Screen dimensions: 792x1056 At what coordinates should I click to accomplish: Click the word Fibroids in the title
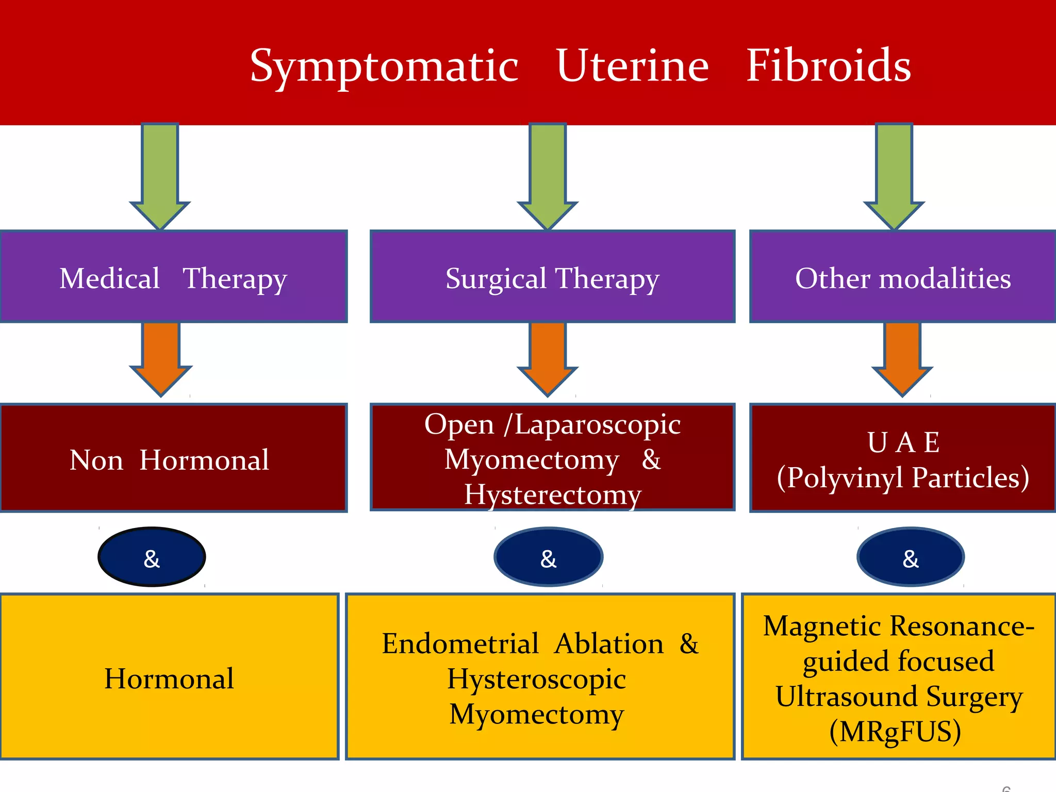pyautogui.click(x=828, y=66)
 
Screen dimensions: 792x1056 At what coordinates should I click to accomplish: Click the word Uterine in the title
pyautogui.click(x=632, y=66)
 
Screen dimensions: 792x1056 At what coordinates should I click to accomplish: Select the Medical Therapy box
pyautogui.click(x=173, y=277)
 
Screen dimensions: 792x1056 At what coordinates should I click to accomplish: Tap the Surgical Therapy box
pyautogui.click(x=552, y=277)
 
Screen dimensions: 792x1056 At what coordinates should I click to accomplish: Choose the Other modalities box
pyautogui.click(x=902, y=277)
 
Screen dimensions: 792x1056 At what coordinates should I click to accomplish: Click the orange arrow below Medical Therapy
pyautogui.click(x=161, y=356)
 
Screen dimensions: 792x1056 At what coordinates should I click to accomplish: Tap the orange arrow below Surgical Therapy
pyautogui.click(x=548, y=356)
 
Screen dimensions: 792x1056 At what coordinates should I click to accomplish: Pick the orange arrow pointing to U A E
pyautogui.click(x=902, y=356)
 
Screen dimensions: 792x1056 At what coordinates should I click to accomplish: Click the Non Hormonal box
pyautogui.click(x=173, y=459)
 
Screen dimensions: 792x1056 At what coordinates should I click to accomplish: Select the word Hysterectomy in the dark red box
pyautogui.click(x=552, y=494)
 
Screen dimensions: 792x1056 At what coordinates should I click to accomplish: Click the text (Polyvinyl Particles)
pyautogui.click(x=902, y=477)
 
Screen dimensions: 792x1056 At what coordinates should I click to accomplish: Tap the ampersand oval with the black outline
pyautogui.click(x=152, y=557)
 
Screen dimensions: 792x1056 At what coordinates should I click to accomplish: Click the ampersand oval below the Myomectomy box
pyautogui.click(x=548, y=557)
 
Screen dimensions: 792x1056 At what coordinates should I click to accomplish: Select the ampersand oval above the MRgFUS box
pyautogui.click(x=911, y=557)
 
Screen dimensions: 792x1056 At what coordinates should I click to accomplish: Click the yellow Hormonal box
pyautogui.click(x=169, y=677)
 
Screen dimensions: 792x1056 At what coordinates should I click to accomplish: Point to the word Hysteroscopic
pyautogui.click(x=536, y=679)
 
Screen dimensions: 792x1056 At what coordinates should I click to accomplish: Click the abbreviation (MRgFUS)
pyautogui.click(x=895, y=731)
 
